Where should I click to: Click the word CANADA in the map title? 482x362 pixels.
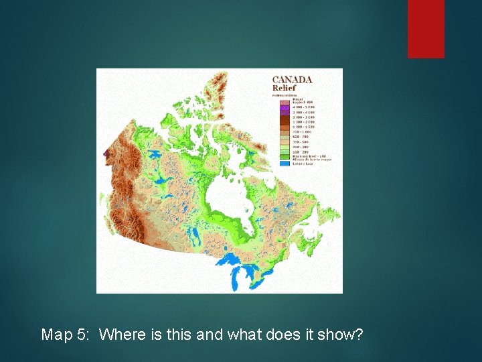293,79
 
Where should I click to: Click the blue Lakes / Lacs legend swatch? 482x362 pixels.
284,163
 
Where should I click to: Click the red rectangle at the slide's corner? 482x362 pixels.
426,28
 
